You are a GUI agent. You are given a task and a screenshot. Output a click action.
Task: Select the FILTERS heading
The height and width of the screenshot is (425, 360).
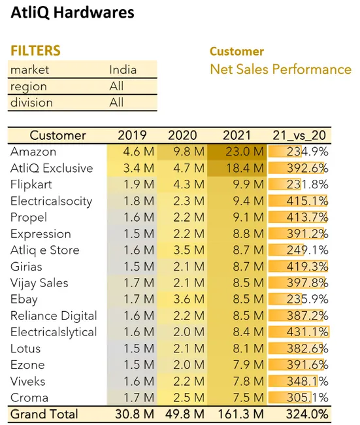35,51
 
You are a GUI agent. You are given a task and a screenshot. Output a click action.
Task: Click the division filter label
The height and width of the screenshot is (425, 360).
31,103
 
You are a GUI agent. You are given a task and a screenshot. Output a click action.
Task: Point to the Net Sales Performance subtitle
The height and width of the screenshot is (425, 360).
280,69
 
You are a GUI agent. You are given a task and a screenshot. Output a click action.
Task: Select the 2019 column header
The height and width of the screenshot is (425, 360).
132,135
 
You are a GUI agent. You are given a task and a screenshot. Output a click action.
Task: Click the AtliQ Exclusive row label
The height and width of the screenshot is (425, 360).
52,168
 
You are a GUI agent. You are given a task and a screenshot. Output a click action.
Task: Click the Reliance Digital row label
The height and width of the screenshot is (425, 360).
54,316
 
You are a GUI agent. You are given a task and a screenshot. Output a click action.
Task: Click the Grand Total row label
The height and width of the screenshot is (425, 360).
44,414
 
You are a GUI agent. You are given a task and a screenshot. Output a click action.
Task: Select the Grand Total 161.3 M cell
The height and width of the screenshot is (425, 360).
240,414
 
